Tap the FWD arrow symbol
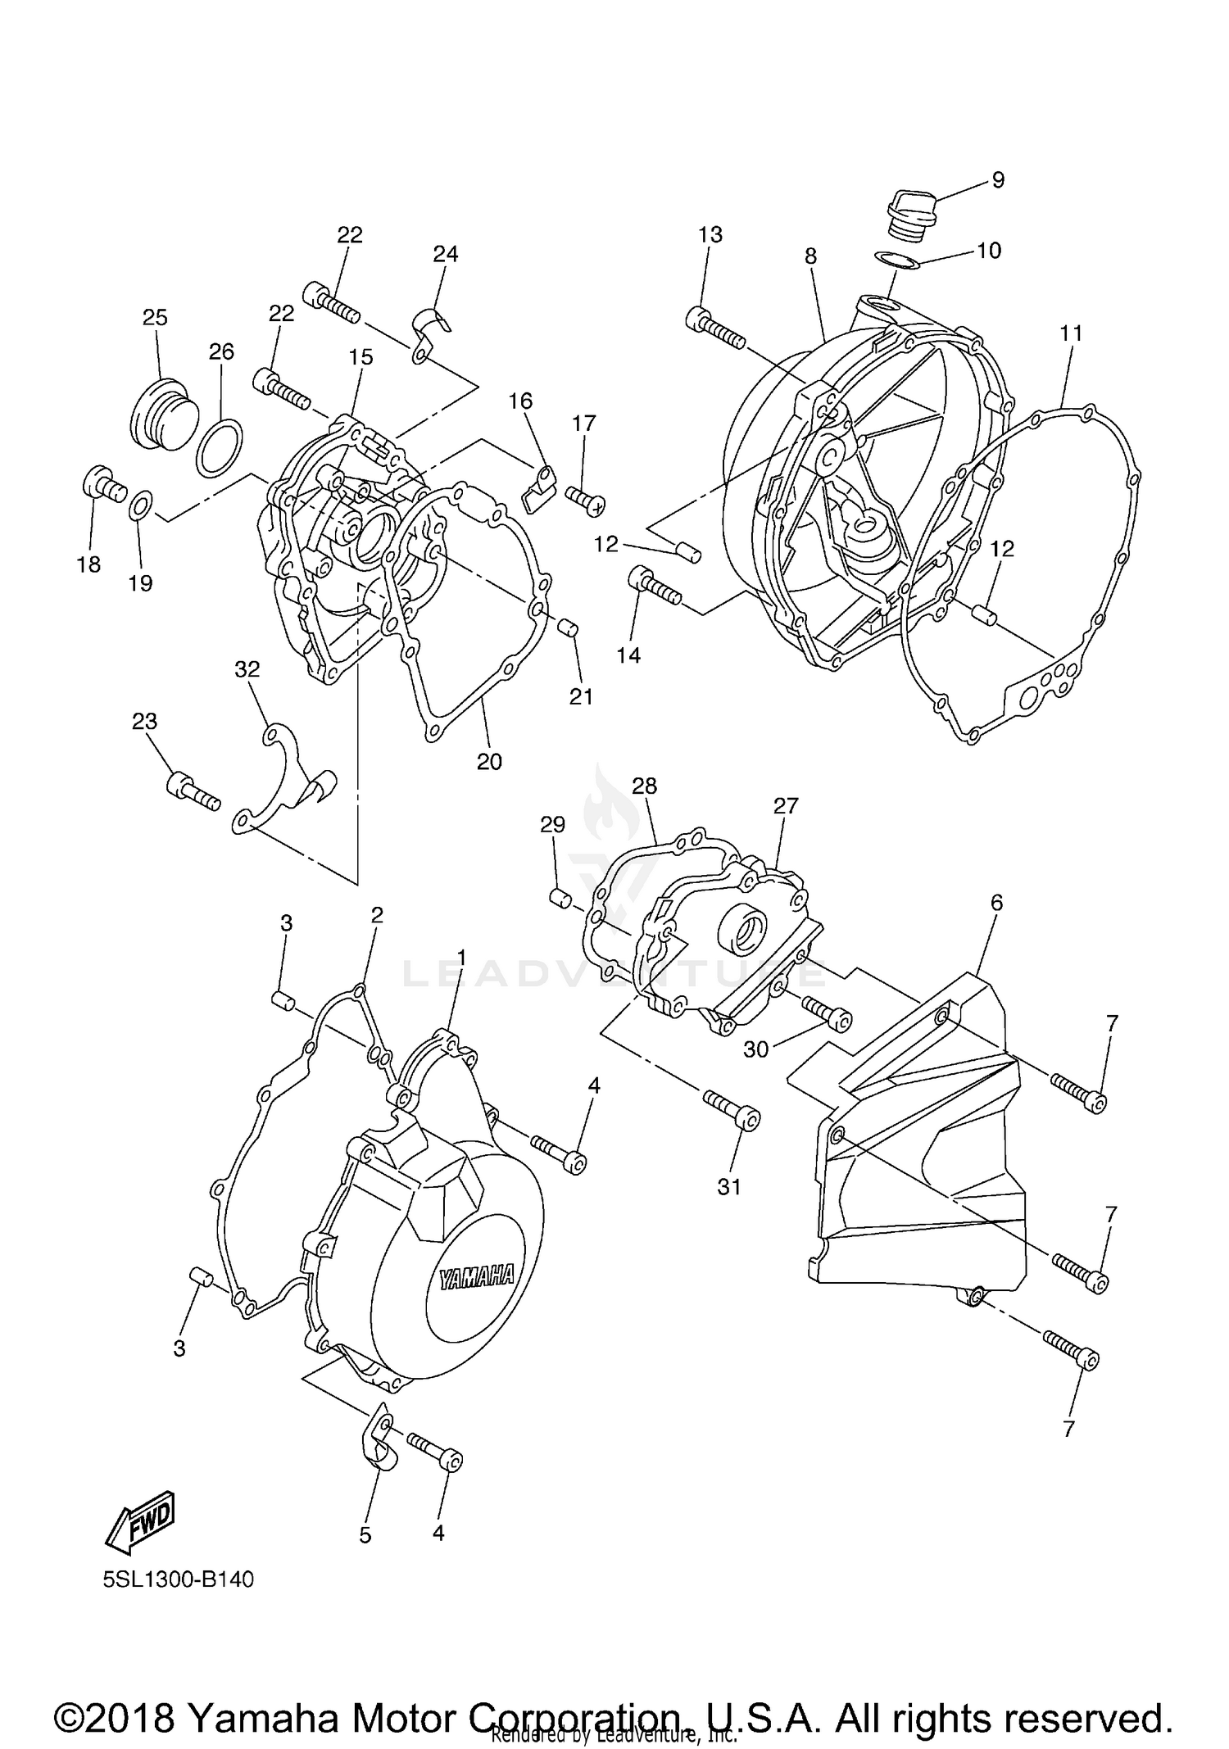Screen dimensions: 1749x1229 (x=140, y=1521)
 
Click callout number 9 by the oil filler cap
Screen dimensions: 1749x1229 (x=998, y=179)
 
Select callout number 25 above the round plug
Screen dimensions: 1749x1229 (x=155, y=317)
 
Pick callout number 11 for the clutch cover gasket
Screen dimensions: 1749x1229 (x=1071, y=333)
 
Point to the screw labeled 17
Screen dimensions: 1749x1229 (x=584, y=499)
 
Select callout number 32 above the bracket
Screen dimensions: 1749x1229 (x=247, y=669)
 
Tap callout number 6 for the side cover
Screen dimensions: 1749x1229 (x=996, y=903)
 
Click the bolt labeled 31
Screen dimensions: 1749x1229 (x=732, y=1110)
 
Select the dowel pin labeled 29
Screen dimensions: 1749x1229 (x=560, y=898)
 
